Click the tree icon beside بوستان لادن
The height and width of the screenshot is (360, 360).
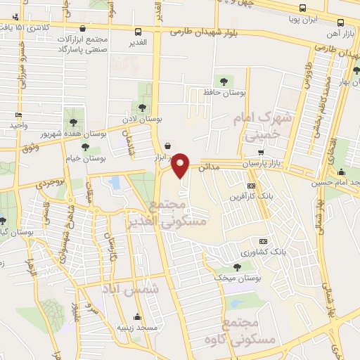[x=143, y=108]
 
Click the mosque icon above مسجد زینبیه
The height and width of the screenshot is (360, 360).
[x=137, y=316]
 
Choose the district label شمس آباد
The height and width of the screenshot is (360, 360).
[x=156, y=288]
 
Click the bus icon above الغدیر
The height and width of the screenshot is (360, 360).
[x=138, y=32]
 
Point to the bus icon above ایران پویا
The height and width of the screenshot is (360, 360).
[x=302, y=8]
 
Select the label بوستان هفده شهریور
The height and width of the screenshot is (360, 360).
[x=70, y=132]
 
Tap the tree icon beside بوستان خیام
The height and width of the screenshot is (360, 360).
[x=85, y=147]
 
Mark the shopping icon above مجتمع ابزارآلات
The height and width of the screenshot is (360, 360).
[x=85, y=29]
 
